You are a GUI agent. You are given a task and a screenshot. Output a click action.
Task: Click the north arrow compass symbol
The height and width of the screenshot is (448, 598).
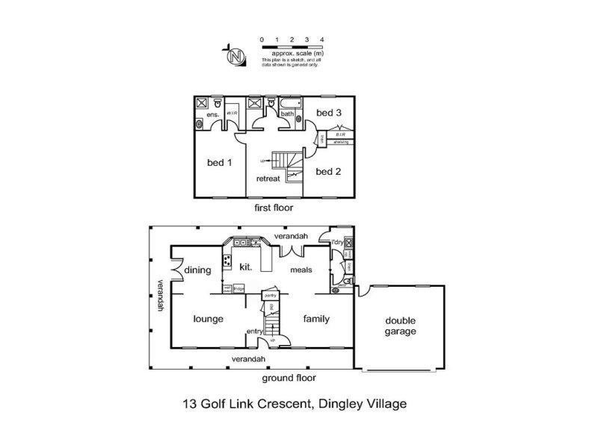[236, 56]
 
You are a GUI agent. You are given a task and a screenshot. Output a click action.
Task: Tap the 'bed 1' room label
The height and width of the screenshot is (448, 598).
[219, 163]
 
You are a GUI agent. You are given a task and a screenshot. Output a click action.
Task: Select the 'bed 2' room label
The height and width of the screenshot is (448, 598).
[328, 171]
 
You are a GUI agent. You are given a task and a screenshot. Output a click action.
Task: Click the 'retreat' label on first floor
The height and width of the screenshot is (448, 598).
[268, 179]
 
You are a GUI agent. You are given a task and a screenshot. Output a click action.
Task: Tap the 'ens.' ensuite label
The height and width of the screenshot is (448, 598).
[212, 116]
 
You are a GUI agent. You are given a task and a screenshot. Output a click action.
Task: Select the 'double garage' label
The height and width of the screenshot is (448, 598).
[400, 326]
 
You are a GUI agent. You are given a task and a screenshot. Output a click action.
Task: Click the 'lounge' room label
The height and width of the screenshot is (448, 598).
[209, 319]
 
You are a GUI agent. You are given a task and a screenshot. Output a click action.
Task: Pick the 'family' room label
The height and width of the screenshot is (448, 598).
[316, 319]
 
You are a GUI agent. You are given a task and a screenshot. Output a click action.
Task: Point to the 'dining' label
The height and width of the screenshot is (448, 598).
[198, 270]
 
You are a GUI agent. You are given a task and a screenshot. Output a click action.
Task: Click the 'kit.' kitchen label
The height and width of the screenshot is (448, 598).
[245, 267]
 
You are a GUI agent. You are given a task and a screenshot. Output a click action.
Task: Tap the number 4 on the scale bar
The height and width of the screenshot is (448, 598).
[321, 38]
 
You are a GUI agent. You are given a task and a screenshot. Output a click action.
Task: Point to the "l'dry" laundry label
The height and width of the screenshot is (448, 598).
[336, 243]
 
